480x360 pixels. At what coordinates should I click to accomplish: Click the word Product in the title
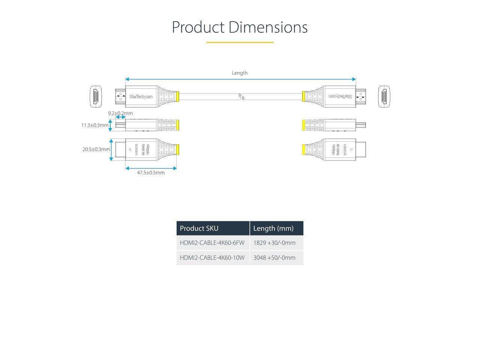coord(198,27)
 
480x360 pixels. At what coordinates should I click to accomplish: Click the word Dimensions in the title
coord(268,27)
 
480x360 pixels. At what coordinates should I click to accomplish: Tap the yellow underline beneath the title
coord(240,42)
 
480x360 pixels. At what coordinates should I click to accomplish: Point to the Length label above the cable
coord(240,73)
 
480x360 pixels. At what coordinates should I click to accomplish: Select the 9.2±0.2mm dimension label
coord(120,113)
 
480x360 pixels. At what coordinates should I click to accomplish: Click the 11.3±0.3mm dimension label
coord(95,125)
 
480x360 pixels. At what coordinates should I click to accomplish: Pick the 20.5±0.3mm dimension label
coord(96,149)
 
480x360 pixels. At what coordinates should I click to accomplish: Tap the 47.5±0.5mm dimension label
coord(151,173)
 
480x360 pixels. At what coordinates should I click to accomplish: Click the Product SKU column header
coord(199,228)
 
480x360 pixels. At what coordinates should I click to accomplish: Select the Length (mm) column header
coord(273,228)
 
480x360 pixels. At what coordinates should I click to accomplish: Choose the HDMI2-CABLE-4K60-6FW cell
coord(212,243)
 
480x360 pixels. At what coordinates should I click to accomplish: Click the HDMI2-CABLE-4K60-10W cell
coord(212,258)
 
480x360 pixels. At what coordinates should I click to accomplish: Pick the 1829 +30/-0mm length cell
coord(274,243)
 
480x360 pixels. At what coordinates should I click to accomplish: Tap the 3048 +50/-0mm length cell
coord(274,258)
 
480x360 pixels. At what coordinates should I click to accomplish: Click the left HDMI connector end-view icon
coord(96,96)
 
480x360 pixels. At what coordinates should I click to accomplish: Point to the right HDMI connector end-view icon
coord(384,96)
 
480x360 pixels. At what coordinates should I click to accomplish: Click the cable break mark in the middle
coord(242,96)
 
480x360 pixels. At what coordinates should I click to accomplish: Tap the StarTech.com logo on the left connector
coord(141,97)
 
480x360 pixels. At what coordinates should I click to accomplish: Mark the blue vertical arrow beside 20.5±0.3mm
coord(111,150)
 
